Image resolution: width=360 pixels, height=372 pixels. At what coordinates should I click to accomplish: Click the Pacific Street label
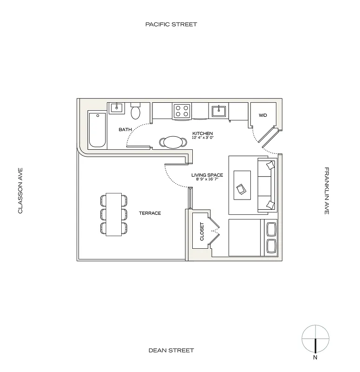click(171, 24)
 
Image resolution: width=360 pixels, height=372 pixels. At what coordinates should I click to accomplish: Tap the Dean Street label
click(171, 350)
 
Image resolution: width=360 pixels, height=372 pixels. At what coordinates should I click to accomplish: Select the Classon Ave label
click(20, 191)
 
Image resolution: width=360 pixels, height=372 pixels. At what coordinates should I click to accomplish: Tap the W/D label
click(262, 115)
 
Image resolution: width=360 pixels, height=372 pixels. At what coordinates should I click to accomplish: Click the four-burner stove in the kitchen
click(182, 111)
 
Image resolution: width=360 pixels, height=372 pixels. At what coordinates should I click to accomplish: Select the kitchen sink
click(218, 111)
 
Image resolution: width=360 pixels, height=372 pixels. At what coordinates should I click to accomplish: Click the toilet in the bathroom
click(136, 112)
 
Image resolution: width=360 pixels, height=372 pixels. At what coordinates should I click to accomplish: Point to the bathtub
click(97, 130)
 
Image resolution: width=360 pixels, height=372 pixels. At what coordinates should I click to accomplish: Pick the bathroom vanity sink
click(117, 108)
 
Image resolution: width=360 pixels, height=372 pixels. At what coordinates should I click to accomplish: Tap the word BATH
click(125, 130)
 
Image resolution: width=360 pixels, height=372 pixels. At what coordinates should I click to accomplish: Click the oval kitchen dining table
click(172, 141)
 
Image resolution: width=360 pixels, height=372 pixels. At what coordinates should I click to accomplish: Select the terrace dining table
click(114, 214)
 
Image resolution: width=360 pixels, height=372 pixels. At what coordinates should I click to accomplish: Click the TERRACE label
click(150, 213)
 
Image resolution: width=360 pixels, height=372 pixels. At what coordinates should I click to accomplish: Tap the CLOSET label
click(202, 231)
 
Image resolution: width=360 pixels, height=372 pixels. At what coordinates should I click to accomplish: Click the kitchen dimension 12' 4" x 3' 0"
click(203, 138)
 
